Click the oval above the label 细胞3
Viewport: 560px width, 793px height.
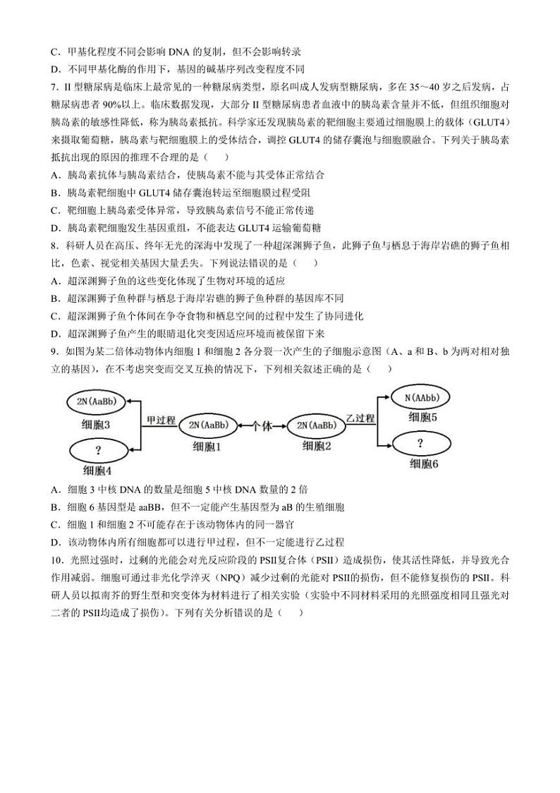[101, 402]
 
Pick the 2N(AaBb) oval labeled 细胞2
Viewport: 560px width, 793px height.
[317, 425]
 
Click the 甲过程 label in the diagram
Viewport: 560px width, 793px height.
[160, 420]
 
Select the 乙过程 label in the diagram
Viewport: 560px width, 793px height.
[360, 418]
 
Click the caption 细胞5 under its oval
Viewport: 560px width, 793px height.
[423, 418]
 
